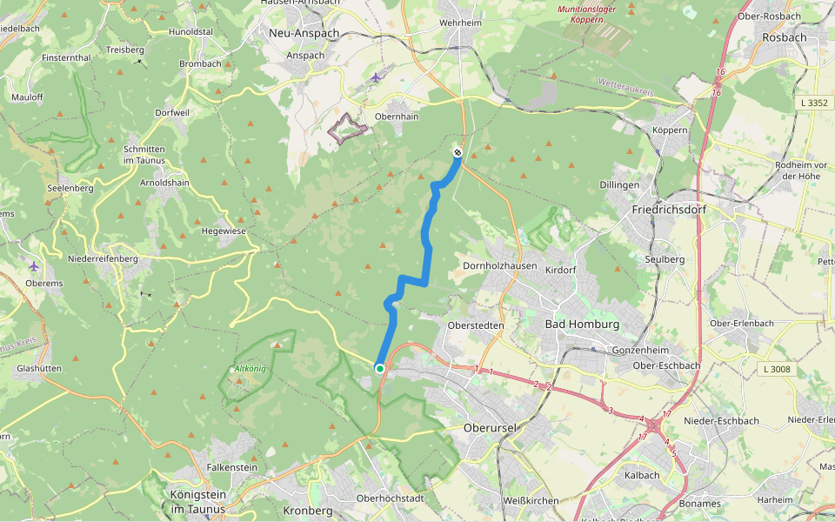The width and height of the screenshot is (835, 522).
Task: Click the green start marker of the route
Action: click(380, 369)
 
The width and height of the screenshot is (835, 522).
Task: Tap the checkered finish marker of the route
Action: click(458, 153)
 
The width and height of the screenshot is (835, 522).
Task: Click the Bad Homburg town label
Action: click(582, 325)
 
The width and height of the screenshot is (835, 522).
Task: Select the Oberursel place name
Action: click(491, 428)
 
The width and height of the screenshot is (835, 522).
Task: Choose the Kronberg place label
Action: click(309, 511)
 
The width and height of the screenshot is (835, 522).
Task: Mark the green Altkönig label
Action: click(251, 369)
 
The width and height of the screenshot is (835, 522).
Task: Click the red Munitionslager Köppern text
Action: click(580, 14)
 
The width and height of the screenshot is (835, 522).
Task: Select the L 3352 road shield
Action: click(814, 103)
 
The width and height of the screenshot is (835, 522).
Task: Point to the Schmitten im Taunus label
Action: click(144, 155)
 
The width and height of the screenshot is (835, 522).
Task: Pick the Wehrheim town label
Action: click(461, 23)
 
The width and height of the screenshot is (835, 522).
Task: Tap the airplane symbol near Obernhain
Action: click(376, 77)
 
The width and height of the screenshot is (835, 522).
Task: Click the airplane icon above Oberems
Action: click(33, 265)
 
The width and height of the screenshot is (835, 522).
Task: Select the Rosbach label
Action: click(784, 37)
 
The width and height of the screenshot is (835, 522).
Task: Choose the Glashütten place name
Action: click(38, 368)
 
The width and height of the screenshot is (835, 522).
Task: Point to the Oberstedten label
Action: click(475, 325)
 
